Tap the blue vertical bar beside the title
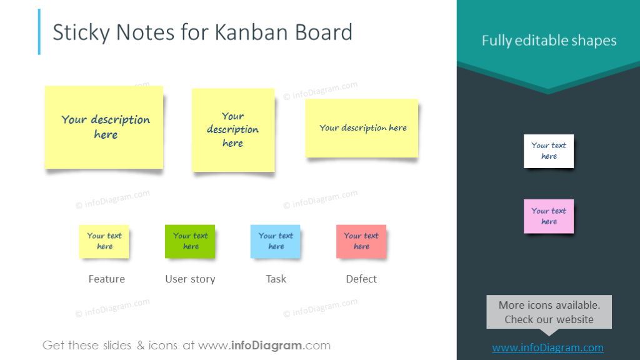coord(39,32)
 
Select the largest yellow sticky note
coord(104,127)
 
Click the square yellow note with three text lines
coord(233,129)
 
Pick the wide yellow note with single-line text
coord(361,127)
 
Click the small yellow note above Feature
coord(104,241)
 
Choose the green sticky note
coord(190,241)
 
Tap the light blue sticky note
coord(275,241)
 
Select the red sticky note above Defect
coord(361,241)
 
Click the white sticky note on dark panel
coord(548,151)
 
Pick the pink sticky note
coord(548,216)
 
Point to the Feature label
coord(106,279)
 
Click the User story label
coord(190,279)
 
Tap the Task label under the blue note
coord(276,279)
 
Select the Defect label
coord(361,279)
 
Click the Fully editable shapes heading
coord(549,41)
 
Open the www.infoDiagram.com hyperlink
coord(547,347)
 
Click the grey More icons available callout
coord(549,312)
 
